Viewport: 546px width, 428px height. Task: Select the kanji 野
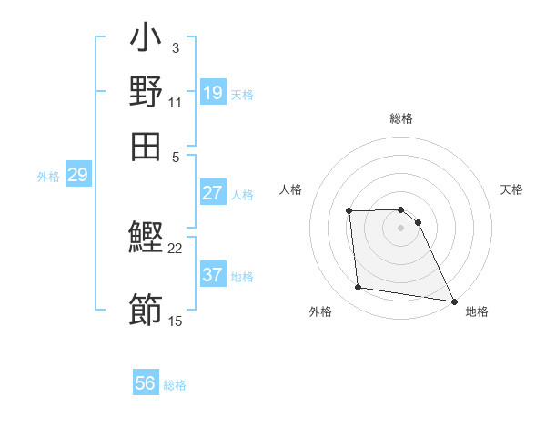(x=146, y=94)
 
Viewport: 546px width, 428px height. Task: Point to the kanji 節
(x=146, y=311)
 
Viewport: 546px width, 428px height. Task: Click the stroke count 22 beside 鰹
(x=176, y=248)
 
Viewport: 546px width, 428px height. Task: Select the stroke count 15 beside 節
(x=176, y=321)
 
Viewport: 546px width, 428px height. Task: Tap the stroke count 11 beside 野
(x=176, y=102)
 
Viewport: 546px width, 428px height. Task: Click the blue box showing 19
(x=213, y=93)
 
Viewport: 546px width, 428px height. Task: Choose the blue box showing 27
(x=213, y=193)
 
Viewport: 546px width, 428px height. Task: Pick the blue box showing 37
(x=213, y=275)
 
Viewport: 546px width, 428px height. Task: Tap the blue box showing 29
(x=77, y=176)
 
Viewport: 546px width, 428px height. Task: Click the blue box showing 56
(x=146, y=384)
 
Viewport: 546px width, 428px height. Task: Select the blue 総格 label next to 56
(x=175, y=385)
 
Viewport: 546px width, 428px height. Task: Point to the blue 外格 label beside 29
(x=48, y=177)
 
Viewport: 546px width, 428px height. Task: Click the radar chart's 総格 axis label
(x=401, y=118)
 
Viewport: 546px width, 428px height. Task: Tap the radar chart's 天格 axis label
(x=512, y=189)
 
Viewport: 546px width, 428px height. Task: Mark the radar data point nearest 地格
(x=452, y=301)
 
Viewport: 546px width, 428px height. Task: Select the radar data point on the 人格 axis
(x=349, y=211)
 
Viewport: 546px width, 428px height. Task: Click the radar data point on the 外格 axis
(x=359, y=288)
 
